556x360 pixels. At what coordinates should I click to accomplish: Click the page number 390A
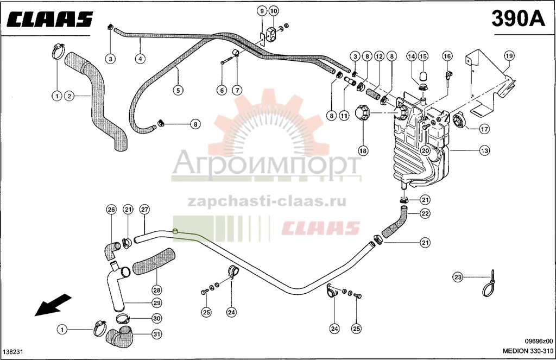[518, 18]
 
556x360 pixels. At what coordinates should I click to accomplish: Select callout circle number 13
[484, 151]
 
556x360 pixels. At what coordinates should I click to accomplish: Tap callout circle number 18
[363, 151]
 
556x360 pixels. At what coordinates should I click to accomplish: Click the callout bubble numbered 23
[458, 277]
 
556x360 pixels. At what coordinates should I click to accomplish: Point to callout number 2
[69, 96]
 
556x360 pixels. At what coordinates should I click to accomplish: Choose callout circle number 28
[157, 290]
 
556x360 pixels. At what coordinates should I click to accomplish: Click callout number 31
[157, 334]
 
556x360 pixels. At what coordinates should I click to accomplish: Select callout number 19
[509, 56]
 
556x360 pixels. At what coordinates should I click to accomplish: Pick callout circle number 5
[178, 90]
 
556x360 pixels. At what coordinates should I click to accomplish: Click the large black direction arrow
[53, 305]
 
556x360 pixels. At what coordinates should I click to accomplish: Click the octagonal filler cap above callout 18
[363, 112]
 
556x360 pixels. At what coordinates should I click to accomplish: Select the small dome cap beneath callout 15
[422, 76]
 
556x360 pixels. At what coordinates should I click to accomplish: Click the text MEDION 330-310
[528, 351]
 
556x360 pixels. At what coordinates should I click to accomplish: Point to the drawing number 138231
[14, 351]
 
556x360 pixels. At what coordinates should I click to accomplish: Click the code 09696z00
[539, 341]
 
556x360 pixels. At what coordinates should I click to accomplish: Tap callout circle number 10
[274, 11]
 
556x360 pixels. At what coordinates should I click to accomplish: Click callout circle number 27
[144, 209]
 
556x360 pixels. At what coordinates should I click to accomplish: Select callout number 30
[157, 319]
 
